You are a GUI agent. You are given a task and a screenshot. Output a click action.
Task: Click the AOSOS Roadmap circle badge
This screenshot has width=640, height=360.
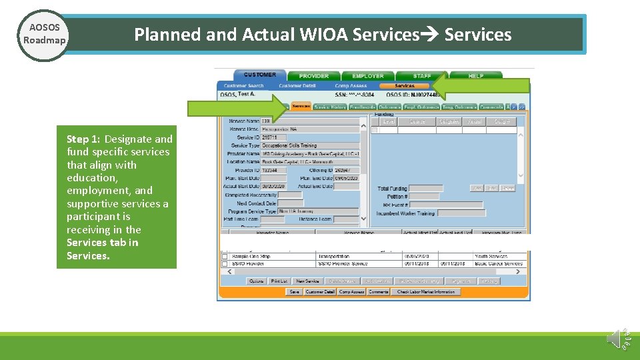click(44, 35)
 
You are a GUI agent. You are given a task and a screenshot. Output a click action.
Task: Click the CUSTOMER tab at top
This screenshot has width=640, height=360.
click(259, 75)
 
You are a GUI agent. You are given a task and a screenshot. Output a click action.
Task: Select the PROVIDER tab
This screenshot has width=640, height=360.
click(313, 76)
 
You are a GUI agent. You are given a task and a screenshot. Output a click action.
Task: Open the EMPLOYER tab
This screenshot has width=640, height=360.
click(368, 76)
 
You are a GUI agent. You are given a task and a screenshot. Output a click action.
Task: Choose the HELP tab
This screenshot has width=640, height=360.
click(475, 76)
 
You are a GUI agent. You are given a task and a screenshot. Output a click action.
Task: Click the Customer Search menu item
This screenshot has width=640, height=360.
click(244, 86)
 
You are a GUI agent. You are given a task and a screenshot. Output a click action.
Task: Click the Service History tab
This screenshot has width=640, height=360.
click(330, 107)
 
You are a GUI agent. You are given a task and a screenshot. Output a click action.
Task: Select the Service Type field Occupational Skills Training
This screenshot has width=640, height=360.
click(310, 145)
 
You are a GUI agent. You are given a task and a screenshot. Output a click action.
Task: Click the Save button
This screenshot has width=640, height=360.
click(294, 292)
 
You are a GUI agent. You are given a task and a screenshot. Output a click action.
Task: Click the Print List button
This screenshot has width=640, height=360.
click(279, 281)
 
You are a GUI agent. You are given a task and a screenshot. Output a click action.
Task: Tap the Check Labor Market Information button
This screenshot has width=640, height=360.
click(426, 292)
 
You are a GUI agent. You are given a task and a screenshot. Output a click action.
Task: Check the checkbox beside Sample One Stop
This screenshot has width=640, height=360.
click(225, 256)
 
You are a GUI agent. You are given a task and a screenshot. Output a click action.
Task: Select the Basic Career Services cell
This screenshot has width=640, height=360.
click(499, 263)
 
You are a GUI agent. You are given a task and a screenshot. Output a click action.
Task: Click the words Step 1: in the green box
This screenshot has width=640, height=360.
click(83, 139)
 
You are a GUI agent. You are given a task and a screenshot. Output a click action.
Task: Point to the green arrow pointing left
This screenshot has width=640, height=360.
click(481, 86)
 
